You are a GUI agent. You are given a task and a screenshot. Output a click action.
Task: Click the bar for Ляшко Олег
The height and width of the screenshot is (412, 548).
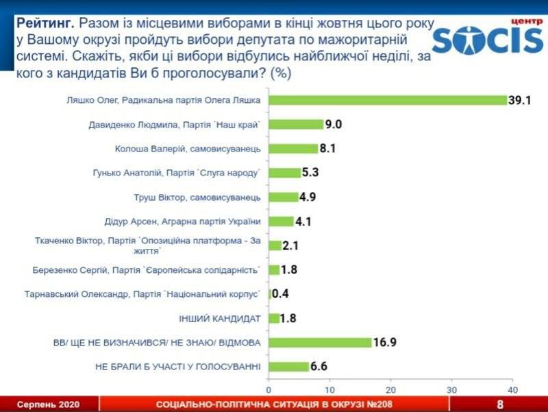(387, 100)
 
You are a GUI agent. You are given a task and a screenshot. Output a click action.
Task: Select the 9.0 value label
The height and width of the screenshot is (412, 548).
(334, 124)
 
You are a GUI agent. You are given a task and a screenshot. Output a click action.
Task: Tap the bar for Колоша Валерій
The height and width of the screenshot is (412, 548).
(293, 148)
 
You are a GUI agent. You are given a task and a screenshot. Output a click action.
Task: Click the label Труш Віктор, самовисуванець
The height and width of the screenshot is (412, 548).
(197, 197)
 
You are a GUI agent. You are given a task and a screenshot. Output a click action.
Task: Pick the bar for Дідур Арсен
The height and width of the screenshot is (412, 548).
(281, 221)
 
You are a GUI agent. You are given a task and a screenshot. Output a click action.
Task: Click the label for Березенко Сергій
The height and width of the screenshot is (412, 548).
(147, 270)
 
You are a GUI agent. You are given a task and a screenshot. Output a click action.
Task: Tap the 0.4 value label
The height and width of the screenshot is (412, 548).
(282, 294)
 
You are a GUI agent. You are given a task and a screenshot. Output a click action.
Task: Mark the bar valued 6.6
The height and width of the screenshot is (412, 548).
(288, 367)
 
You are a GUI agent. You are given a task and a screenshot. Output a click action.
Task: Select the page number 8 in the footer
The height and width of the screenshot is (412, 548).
(500, 404)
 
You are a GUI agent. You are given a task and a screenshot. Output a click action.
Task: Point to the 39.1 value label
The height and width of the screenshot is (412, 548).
(519, 100)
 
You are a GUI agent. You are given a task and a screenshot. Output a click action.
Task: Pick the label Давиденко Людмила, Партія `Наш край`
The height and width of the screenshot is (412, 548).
(175, 125)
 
